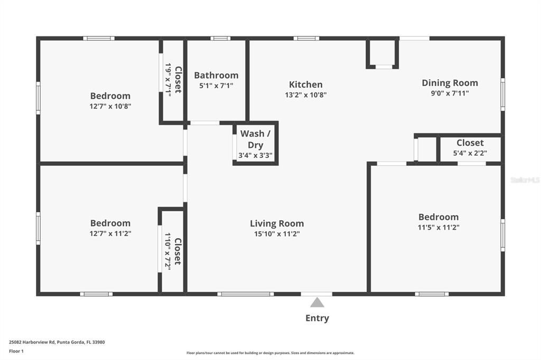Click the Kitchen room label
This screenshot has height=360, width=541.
tap(305, 84)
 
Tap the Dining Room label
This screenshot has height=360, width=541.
tap(450, 83)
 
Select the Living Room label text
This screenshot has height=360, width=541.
tap(277, 223)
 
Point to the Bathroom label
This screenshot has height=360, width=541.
tap(216, 75)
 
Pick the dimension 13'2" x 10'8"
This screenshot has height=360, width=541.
tap(305, 95)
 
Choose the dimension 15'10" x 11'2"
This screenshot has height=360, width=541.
tap(277, 234)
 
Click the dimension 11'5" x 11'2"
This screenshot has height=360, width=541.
tap(439, 228)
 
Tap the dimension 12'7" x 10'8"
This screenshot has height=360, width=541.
tap(110, 106)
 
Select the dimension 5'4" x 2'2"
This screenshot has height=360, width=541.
tap(470, 154)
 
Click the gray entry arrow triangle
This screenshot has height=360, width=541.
tap(317, 302)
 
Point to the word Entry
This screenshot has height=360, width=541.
tap(317, 318)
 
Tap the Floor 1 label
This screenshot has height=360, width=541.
tap(16, 351)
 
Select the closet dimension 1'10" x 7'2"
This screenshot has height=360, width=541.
tap(169, 251)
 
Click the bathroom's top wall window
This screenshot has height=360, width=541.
tap(220, 38)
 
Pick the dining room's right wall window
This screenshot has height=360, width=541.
tap(502, 94)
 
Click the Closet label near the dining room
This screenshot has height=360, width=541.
tap(470, 143)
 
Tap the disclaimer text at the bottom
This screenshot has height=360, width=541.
tap(270, 353)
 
